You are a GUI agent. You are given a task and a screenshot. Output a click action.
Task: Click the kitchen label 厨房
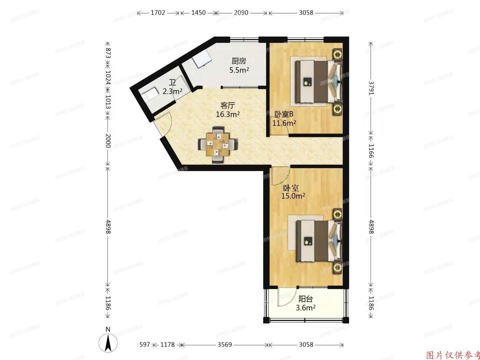pos(239,61)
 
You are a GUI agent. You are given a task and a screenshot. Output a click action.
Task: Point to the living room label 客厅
pos(228,106)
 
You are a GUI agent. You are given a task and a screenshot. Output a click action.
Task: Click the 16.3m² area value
pos(228,114)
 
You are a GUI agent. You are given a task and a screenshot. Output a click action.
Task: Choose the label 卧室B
pos(284,114)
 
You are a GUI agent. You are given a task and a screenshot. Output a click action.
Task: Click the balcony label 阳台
pos(306,299)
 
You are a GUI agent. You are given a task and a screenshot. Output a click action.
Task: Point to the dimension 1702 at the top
pos(158,13)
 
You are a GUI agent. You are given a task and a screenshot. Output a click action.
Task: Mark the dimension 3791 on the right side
pos(371,87)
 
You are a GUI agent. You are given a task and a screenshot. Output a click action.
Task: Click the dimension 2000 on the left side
pos(108,141)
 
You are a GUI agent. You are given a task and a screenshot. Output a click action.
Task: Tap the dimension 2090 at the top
pos(241,13)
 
